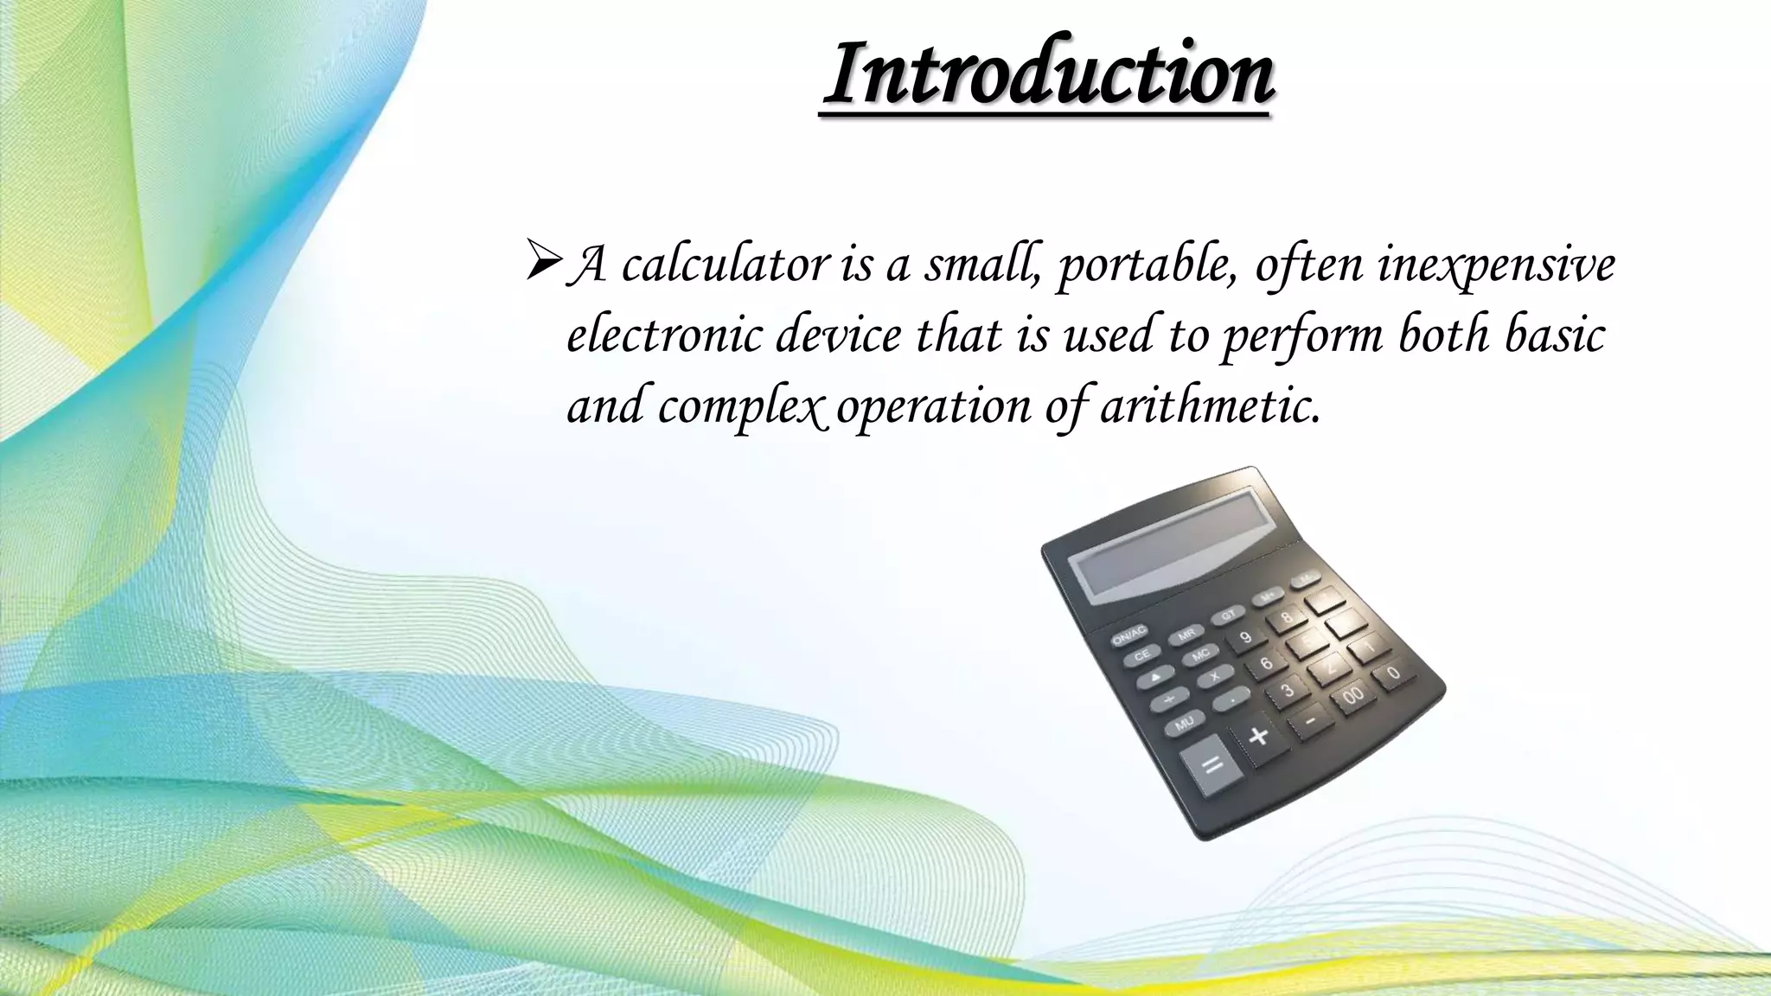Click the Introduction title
[1048, 73]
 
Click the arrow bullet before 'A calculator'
[543, 264]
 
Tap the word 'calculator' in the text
[725, 264]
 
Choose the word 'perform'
[1301, 335]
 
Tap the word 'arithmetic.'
[1211, 405]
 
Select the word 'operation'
[933, 405]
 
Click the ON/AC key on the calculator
[1129, 635]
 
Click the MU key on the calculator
[1184, 722]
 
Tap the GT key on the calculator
[1229, 615]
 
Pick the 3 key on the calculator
[1288, 689]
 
